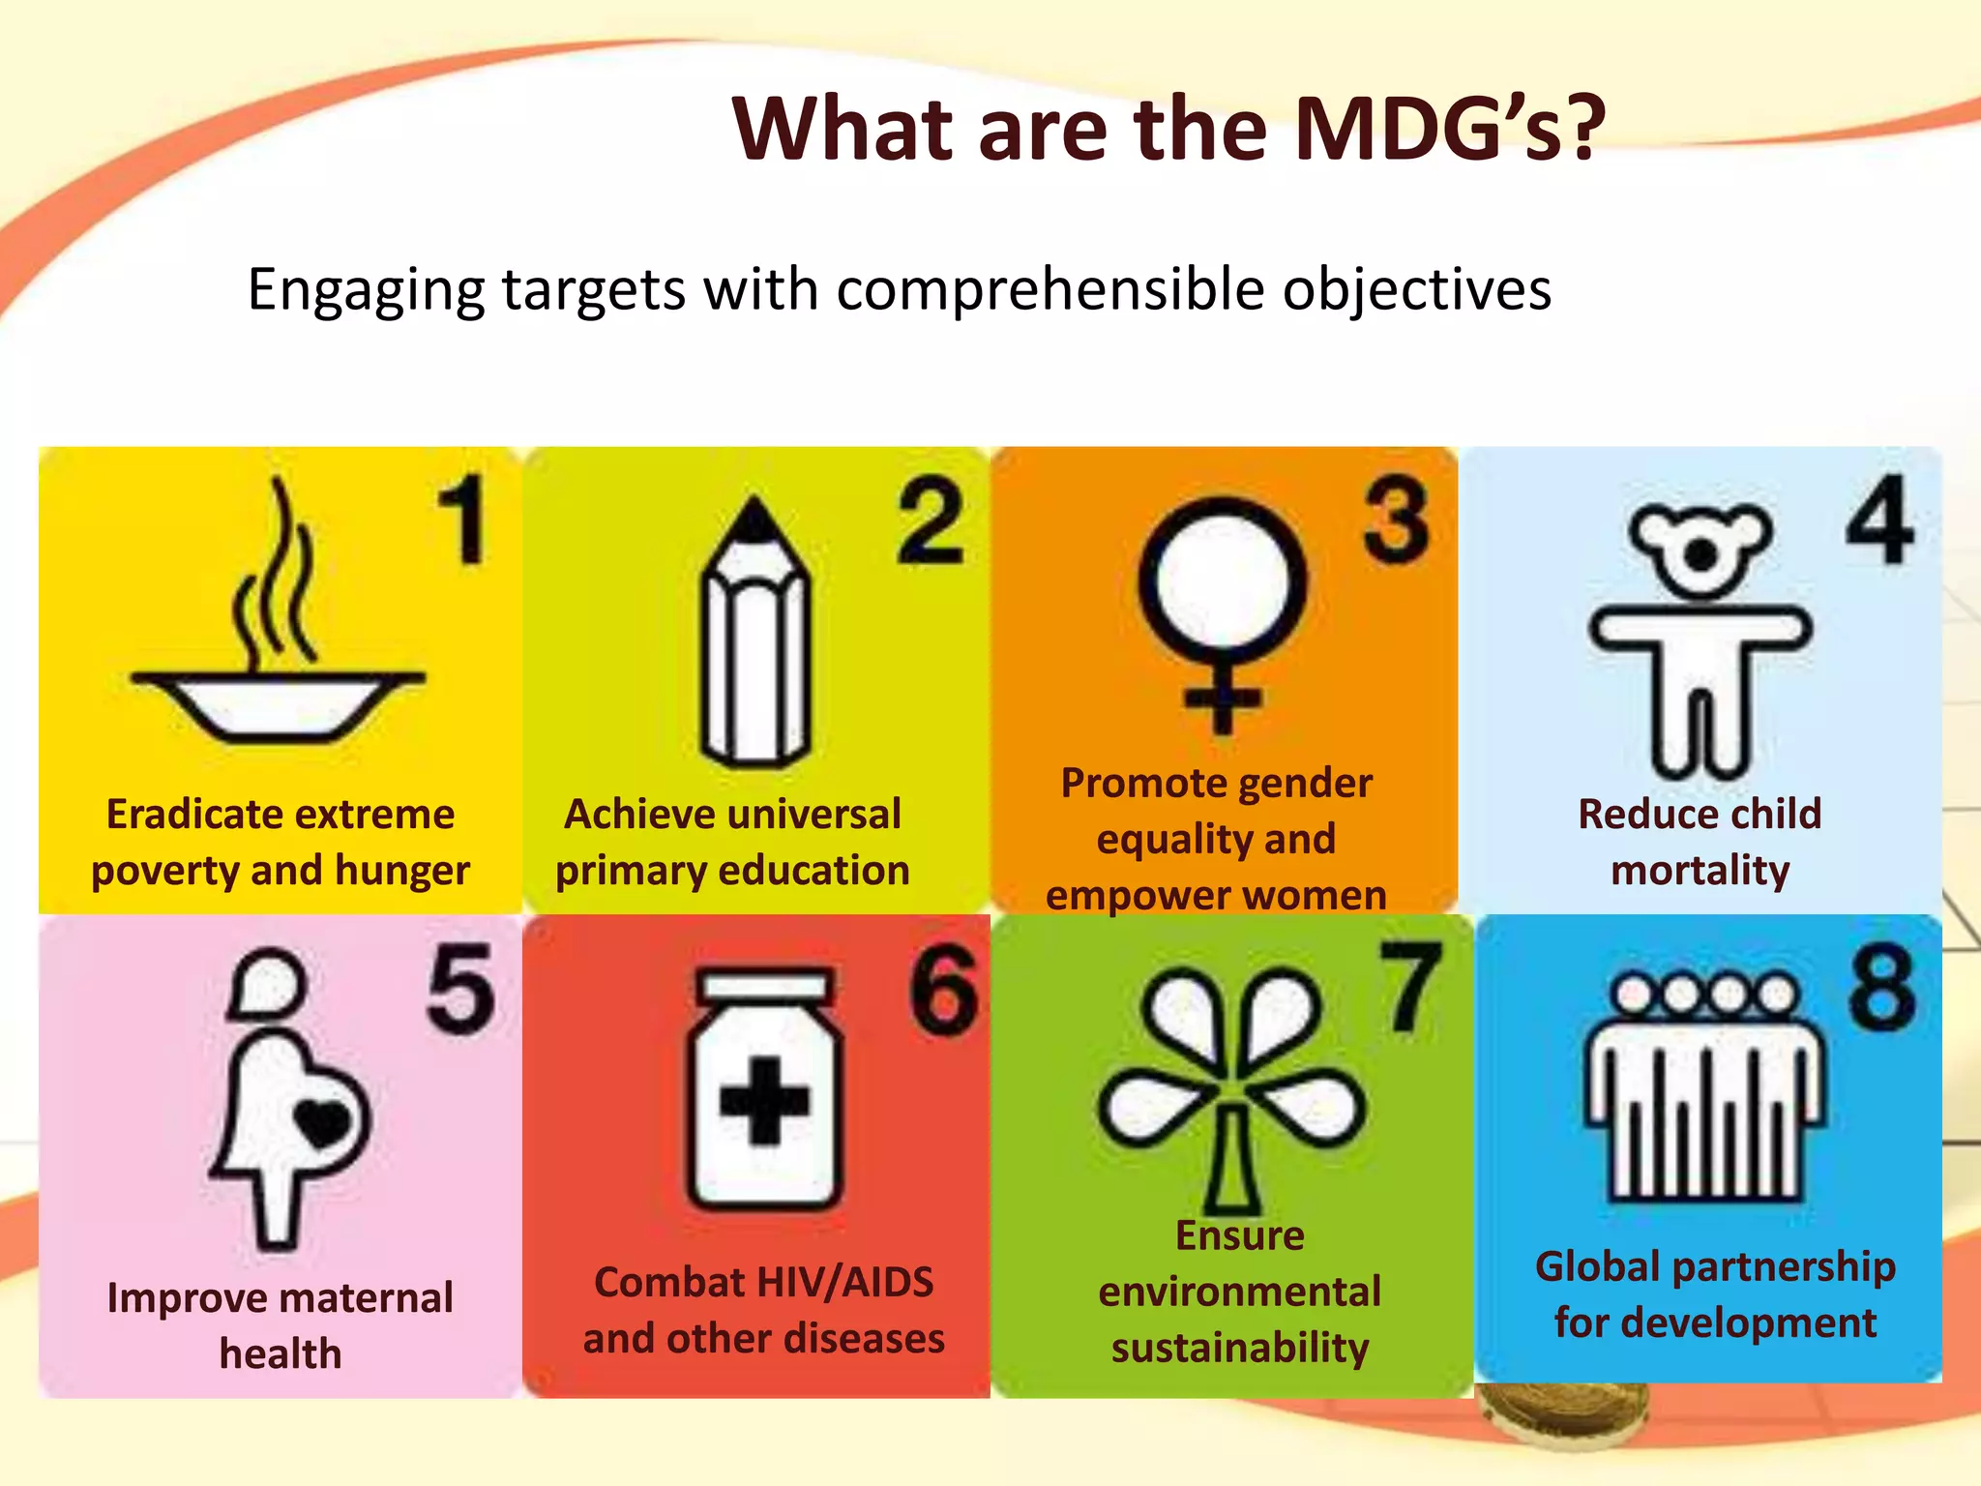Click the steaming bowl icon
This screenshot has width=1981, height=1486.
[x=278, y=668]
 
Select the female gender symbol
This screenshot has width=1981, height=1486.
[x=1223, y=609]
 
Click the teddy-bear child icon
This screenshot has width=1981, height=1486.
[x=1700, y=639]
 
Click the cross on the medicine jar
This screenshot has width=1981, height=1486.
[x=764, y=1101]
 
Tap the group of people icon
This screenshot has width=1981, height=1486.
[x=1704, y=1088]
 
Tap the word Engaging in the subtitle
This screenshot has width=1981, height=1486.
[x=366, y=289]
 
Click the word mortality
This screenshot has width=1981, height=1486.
[x=1700, y=871]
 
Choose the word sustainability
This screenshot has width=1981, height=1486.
[x=1239, y=1348]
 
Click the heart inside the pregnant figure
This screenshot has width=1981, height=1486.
[x=322, y=1121]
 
